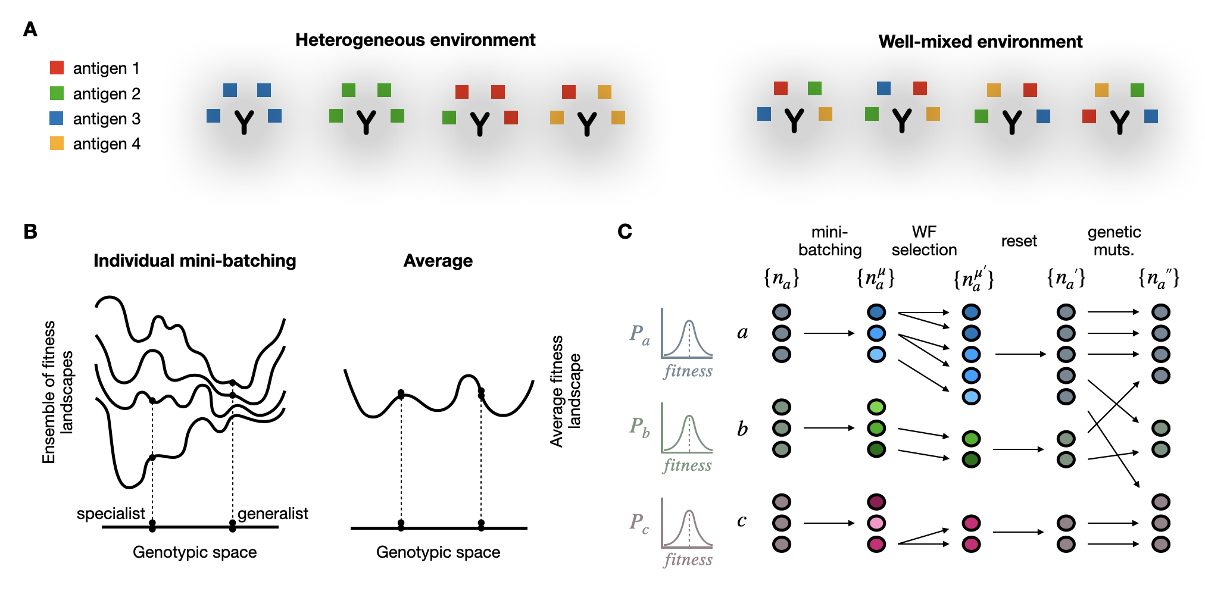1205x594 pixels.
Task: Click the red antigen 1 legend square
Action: tap(57, 68)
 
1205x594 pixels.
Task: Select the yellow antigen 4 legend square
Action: tap(57, 143)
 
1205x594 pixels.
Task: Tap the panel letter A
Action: tap(30, 29)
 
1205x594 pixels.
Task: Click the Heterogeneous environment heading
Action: tap(415, 40)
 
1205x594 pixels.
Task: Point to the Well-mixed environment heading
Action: tap(980, 42)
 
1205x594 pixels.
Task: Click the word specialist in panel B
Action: tap(111, 513)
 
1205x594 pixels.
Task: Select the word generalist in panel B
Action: tap(273, 513)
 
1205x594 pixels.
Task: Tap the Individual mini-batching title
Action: tap(195, 261)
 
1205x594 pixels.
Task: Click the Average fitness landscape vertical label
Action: tap(565, 391)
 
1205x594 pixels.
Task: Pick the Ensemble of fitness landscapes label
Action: tap(57, 392)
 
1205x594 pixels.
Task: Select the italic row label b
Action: tap(742, 429)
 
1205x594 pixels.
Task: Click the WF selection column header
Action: tap(924, 240)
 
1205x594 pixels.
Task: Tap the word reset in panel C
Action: tap(1019, 241)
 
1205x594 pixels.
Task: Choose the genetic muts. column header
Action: tap(1114, 240)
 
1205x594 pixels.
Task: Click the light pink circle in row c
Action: tap(876, 523)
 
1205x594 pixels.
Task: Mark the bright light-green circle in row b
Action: tap(876, 407)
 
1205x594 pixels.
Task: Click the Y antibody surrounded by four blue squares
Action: tap(244, 122)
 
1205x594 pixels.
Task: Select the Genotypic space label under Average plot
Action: tap(438, 552)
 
